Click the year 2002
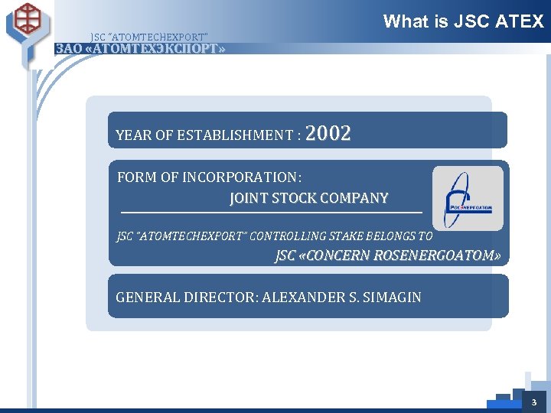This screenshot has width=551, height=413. pyautogui.click(x=328, y=134)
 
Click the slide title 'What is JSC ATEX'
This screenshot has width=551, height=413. pyautogui.click(x=463, y=21)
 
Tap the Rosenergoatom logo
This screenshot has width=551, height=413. pyautogui.click(x=468, y=199)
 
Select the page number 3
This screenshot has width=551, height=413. pyautogui.click(x=534, y=402)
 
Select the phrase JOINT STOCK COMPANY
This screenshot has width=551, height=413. pyautogui.click(x=308, y=198)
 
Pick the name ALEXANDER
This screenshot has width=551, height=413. pyautogui.click(x=298, y=297)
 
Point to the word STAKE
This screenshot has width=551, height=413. pyautogui.click(x=349, y=236)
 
